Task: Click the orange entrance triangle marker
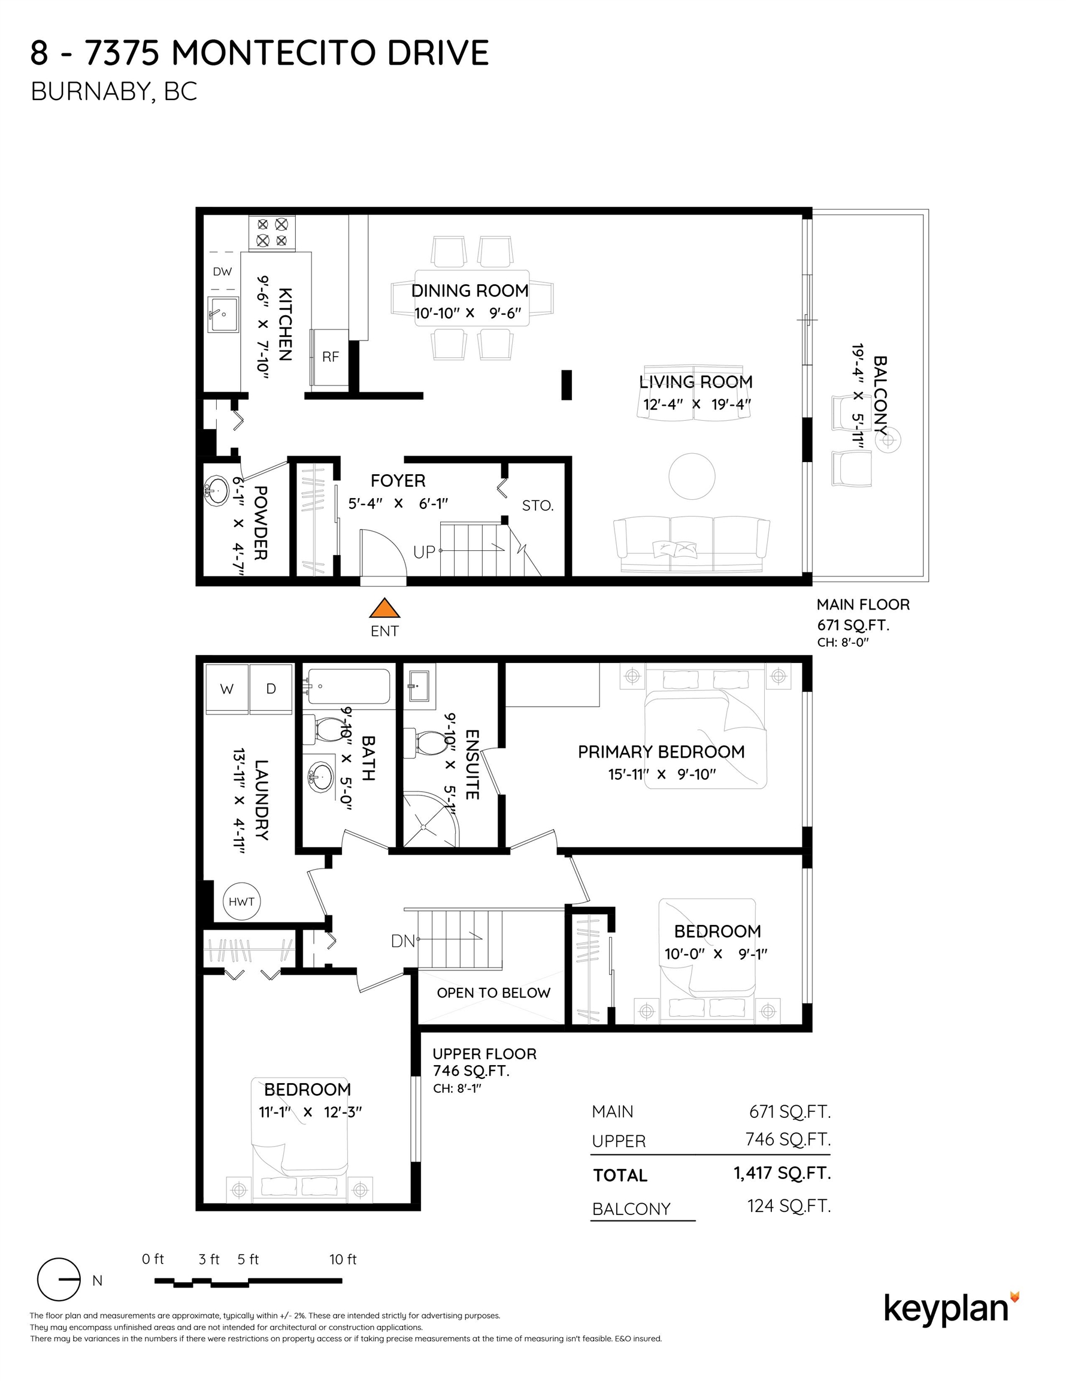384,608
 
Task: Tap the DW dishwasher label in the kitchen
222,272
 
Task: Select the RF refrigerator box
330,357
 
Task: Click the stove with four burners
272,233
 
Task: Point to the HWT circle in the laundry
241,901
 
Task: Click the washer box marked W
226,689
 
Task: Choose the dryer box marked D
271,689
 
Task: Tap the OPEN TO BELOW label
493,993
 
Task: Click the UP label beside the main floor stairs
424,552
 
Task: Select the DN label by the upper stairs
402,941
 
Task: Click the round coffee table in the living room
692,476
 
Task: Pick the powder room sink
217,490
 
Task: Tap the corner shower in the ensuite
429,820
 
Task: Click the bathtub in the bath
348,686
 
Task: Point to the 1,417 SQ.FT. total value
782,1173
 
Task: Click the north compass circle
59,1280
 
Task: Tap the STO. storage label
537,506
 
